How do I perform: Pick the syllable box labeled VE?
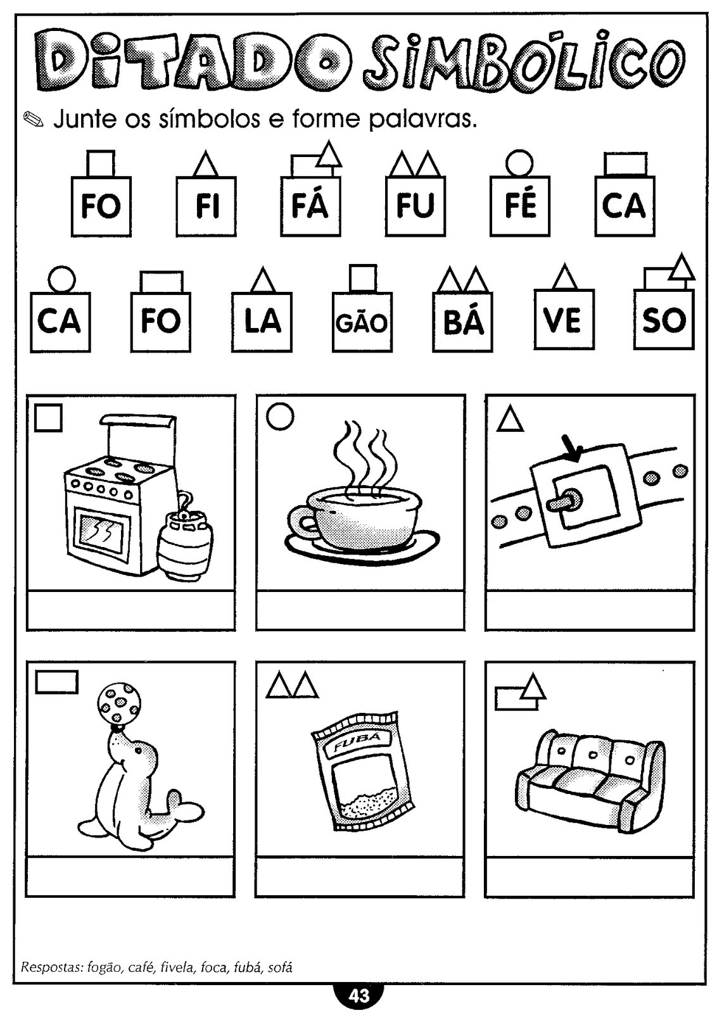pos(563,320)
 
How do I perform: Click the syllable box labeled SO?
pos(663,320)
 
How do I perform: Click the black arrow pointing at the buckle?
pos(572,449)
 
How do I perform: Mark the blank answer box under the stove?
pos(130,610)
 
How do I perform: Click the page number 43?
pos(358,996)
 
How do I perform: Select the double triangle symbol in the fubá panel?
pos(292,686)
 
